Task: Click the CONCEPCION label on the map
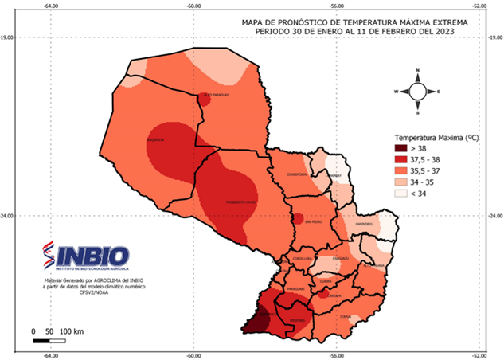tap(297, 174)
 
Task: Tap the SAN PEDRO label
tap(303, 223)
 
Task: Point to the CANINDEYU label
tap(365, 225)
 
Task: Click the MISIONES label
tap(298, 321)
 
